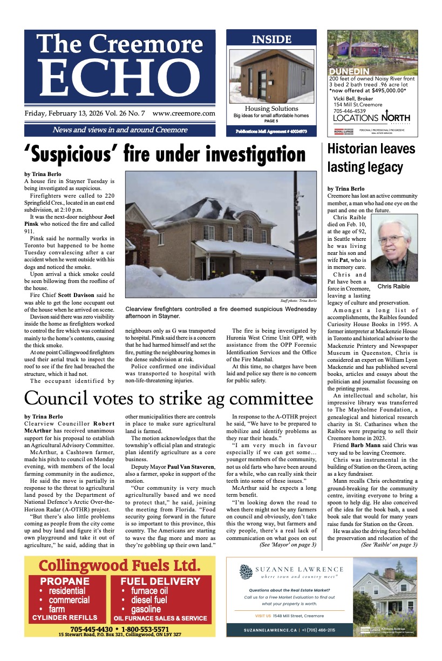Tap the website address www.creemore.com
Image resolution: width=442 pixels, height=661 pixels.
(x=184, y=114)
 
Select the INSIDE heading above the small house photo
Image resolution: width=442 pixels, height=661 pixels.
(x=271, y=39)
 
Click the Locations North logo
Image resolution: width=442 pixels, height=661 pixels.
(x=371, y=118)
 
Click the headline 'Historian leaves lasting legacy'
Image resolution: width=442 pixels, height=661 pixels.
(x=371, y=158)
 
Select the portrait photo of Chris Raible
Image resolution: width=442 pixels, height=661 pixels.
(x=394, y=247)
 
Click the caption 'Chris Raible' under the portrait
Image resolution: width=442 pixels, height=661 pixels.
(x=394, y=286)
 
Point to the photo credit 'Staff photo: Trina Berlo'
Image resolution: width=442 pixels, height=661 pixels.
(x=298, y=300)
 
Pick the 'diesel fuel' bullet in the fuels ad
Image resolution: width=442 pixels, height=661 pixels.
(x=145, y=599)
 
